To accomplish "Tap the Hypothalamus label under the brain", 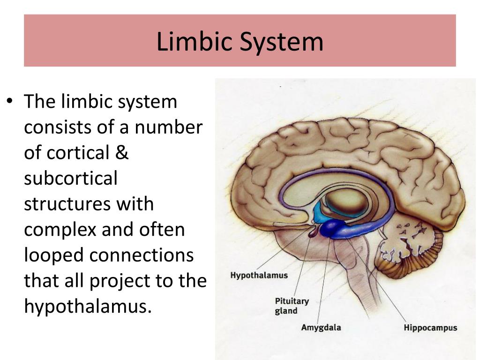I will [259, 275].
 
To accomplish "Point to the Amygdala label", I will [321, 328].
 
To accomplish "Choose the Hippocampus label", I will [430, 328].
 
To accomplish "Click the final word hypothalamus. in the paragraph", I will [89, 307].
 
